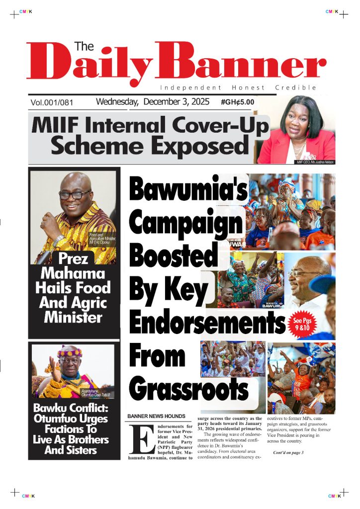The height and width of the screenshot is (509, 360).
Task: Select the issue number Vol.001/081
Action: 52,103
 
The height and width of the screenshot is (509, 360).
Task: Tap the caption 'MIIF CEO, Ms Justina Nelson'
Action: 315,162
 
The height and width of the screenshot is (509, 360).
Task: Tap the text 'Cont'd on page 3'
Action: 288,452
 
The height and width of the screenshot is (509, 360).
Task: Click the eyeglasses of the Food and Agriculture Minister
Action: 75,194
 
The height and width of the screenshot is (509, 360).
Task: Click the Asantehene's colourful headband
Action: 70,353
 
